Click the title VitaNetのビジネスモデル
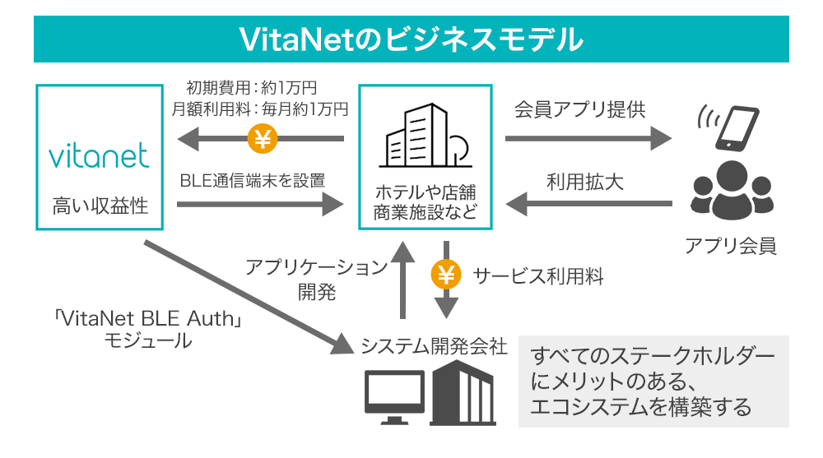tap(411, 39)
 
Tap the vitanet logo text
tap(98, 155)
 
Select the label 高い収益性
tap(98, 206)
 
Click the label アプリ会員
tap(729, 245)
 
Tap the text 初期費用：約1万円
tap(252, 87)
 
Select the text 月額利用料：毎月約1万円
tap(260, 108)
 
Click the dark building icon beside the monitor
tap(463, 393)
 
